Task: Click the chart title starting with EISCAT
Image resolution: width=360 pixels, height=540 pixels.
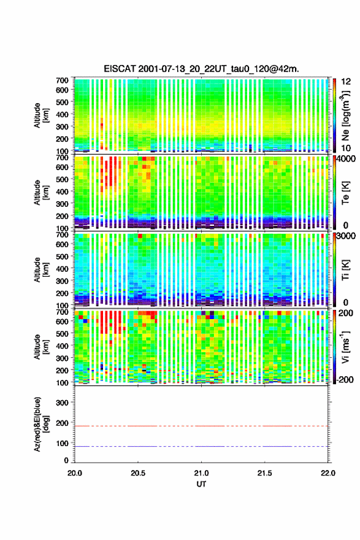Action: click(201, 69)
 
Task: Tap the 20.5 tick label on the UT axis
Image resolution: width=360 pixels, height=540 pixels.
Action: click(138, 473)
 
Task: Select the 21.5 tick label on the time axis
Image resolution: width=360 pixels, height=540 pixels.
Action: click(265, 473)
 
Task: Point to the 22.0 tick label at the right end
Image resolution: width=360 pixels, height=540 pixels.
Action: click(328, 473)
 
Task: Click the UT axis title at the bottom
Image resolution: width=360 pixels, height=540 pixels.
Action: click(201, 484)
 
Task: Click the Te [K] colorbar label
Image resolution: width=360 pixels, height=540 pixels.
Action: click(345, 193)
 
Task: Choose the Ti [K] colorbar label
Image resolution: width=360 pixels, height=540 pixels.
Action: click(345, 269)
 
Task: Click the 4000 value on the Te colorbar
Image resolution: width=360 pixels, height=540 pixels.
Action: click(347, 160)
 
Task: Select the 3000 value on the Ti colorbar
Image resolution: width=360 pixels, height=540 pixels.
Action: click(347, 236)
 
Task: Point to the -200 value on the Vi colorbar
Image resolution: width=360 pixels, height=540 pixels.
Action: click(345, 379)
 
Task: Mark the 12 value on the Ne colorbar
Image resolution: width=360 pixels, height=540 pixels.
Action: click(347, 82)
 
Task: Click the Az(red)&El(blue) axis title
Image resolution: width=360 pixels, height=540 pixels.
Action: click(40, 424)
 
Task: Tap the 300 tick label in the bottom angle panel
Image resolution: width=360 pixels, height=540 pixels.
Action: click(62, 403)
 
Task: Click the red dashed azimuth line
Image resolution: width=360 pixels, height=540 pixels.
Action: click(201, 426)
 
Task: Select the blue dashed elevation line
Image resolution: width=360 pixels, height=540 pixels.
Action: click(201, 446)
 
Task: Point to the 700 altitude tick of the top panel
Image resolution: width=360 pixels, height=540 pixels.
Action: click(62, 80)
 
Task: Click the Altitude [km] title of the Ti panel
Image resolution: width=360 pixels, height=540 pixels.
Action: click(41, 269)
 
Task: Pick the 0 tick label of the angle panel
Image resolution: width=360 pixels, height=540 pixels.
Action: click(66, 460)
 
